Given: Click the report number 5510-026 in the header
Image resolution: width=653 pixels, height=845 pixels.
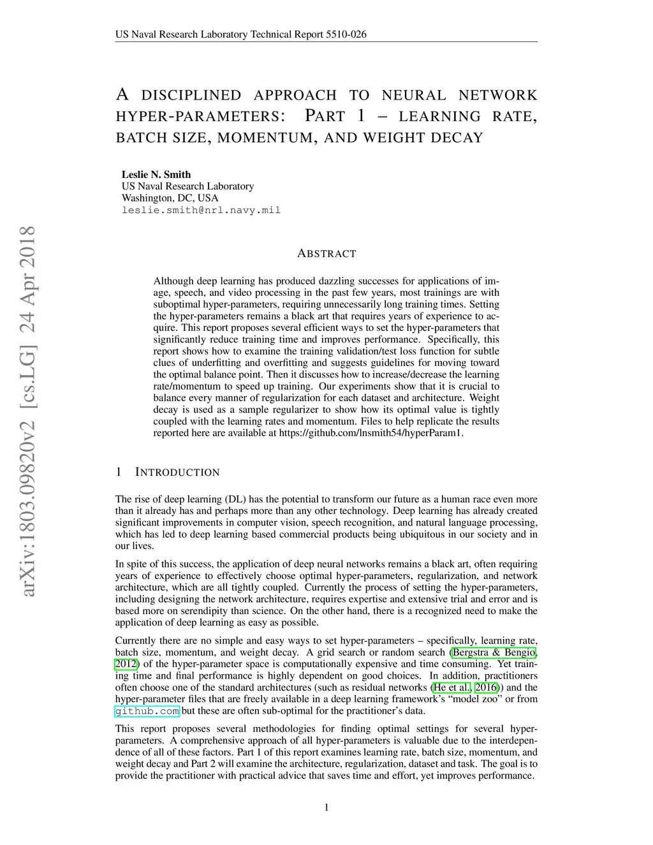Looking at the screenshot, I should tap(346, 34).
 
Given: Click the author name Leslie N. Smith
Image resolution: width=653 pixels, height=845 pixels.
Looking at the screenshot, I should tap(156, 174).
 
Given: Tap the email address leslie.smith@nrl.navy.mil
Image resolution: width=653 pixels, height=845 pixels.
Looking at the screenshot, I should tap(201, 210).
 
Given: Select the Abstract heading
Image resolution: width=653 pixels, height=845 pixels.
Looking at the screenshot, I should tap(326, 253).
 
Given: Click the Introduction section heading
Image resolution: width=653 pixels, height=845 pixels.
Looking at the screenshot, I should tap(177, 473).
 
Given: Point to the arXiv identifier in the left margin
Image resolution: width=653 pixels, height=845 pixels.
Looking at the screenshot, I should tap(27, 411).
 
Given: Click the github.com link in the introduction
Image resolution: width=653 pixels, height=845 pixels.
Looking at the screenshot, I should tap(147, 711).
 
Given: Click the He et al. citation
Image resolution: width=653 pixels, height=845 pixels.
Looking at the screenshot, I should tap(451, 687).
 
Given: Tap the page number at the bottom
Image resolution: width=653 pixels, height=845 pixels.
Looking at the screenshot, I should tap(326, 807).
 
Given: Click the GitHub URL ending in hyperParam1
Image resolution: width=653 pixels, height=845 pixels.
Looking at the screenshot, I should tap(370, 433).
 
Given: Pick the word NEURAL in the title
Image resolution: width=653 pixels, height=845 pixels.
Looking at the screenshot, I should tap(414, 96).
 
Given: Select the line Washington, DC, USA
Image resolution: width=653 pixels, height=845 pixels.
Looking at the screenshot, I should tap(170, 198).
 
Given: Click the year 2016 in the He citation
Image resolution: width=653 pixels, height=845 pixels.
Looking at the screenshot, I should tap(487, 687).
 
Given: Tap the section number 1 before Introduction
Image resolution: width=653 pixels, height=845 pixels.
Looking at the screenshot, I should tap(119, 473).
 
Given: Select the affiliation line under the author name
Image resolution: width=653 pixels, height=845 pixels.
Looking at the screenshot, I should tap(187, 186).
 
